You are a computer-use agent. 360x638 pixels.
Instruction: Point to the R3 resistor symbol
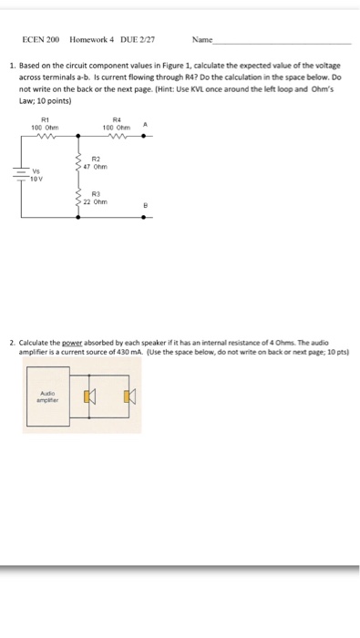tap(77, 198)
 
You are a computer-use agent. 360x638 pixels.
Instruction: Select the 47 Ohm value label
tap(96, 167)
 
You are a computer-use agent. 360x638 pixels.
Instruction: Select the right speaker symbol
tap(129, 397)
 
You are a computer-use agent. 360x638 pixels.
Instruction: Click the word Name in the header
tap(202, 41)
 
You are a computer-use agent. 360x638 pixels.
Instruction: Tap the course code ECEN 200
tap(41, 41)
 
